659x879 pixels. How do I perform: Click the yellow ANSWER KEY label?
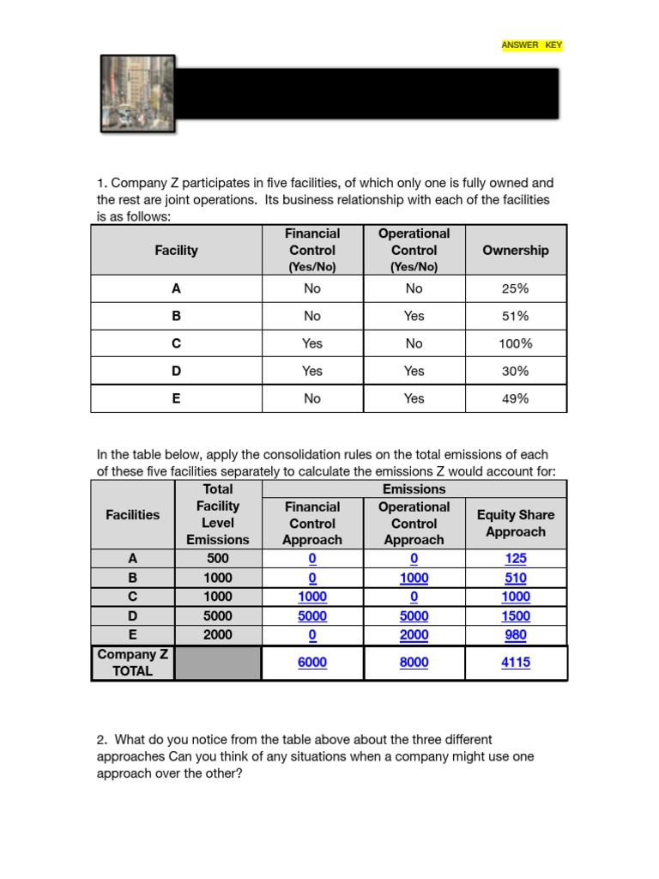click(x=532, y=45)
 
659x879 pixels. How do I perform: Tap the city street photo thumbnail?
click(x=137, y=94)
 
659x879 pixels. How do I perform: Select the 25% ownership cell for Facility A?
click(x=515, y=288)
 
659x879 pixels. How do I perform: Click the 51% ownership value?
click(x=515, y=316)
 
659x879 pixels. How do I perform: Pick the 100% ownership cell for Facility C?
click(x=515, y=343)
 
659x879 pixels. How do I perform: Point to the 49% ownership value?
click(x=515, y=398)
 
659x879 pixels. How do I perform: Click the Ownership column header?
click(x=515, y=250)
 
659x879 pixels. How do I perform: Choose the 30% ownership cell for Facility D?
click(x=515, y=371)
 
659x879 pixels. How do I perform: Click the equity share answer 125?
click(x=516, y=559)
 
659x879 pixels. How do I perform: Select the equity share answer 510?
click(x=516, y=578)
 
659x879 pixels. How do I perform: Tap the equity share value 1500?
click(x=516, y=615)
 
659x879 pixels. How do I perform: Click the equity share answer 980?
click(x=516, y=635)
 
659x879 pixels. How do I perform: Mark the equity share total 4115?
click(x=516, y=663)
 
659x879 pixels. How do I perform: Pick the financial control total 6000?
click(x=312, y=663)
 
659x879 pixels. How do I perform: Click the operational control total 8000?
click(x=414, y=663)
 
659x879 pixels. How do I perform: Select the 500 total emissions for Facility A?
click(x=218, y=559)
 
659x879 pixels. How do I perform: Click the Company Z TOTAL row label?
click(x=133, y=663)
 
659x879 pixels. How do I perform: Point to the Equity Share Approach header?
click(x=516, y=523)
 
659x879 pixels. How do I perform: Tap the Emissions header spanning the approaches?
click(x=414, y=488)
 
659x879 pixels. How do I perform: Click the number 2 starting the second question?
click(x=100, y=739)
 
